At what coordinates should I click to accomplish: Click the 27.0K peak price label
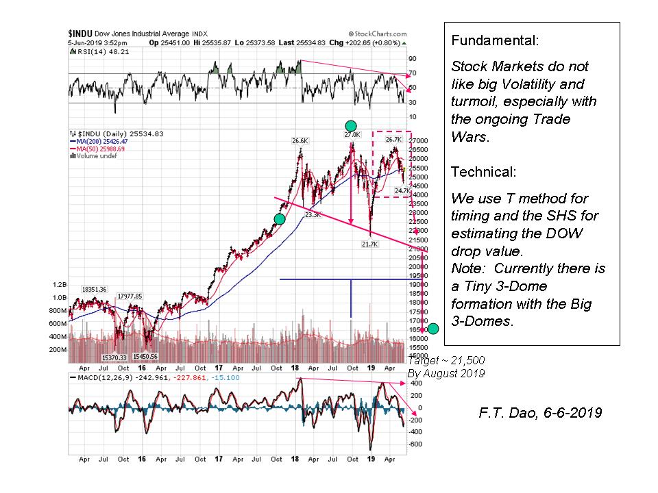pyautogui.click(x=352, y=135)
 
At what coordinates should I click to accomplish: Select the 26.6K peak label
pyautogui.click(x=300, y=141)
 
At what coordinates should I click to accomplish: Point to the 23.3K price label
pyautogui.click(x=313, y=215)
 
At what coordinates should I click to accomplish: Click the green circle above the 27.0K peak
pyautogui.click(x=351, y=125)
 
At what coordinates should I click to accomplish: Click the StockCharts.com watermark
pyautogui.click(x=378, y=33)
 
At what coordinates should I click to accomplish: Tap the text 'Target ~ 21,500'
pyautogui.click(x=446, y=361)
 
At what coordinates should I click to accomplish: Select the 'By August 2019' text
pyautogui.click(x=446, y=373)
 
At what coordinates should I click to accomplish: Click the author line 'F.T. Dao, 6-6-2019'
pyautogui.click(x=540, y=414)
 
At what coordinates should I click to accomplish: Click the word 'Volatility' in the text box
pyautogui.click(x=554, y=84)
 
